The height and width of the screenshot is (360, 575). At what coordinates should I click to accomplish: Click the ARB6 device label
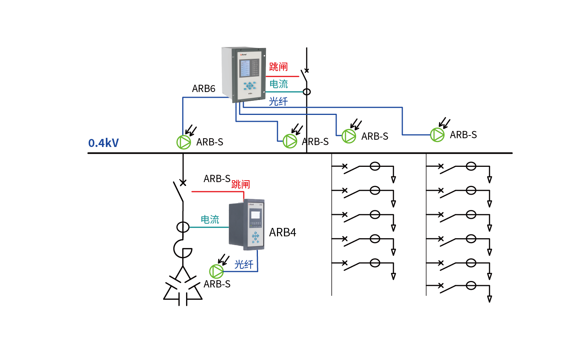pos(203,89)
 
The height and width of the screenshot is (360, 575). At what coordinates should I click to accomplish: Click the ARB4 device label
pos(282,232)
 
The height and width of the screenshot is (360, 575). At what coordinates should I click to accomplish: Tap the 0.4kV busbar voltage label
pos(104,143)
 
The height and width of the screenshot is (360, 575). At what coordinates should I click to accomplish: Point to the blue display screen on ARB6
pos(245,68)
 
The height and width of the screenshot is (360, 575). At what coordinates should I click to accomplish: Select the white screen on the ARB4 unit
pos(255,215)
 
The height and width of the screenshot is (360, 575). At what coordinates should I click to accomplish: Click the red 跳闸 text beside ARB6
pos(278,67)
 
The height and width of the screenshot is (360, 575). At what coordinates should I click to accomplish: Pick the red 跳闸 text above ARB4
pos(241,184)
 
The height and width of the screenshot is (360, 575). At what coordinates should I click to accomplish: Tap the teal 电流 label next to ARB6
pos(279,84)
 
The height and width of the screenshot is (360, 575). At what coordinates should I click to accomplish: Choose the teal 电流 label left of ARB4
pos(210,220)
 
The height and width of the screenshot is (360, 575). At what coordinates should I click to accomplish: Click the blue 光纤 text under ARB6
pos(278,102)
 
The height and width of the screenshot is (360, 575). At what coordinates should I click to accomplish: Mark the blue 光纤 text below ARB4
pos(244,264)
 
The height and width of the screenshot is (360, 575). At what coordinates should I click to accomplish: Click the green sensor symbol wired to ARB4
pos(216,271)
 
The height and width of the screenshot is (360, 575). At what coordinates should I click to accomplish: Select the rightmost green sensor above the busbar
pos(437,135)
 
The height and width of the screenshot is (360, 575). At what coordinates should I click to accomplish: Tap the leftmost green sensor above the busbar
pos(183,142)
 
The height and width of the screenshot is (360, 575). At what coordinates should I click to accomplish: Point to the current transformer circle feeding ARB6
pos(306,92)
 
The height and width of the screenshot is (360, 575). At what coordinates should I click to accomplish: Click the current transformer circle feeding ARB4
pos(183,227)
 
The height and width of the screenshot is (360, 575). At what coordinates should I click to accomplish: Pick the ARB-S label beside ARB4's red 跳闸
pos(217,179)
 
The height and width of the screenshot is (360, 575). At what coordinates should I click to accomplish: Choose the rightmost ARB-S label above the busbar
pos(463,135)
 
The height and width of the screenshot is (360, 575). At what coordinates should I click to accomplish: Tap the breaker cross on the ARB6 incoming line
pos(306,71)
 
